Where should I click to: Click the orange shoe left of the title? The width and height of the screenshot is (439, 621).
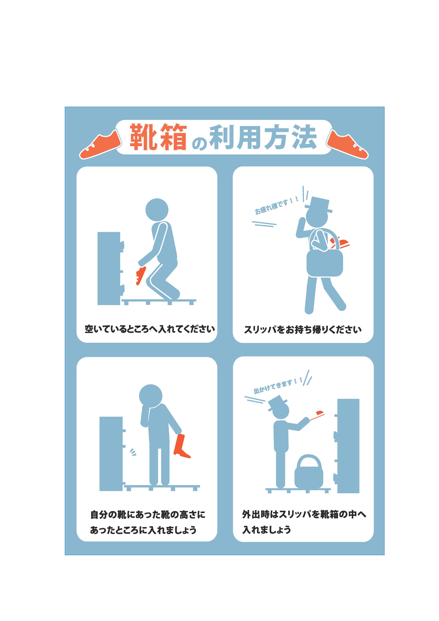point(101,144)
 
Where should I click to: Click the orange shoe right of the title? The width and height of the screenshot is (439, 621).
point(348,144)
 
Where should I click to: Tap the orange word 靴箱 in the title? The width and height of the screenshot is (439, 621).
point(158,137)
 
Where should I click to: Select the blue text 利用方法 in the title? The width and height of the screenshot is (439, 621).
point(263,137)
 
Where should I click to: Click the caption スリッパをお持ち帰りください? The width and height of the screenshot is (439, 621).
point(303,329)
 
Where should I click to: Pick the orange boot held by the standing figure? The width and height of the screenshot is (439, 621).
point(181,446)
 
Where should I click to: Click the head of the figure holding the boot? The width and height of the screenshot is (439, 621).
point(151,396)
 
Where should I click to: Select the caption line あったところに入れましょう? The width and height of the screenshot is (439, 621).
point(143,530)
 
